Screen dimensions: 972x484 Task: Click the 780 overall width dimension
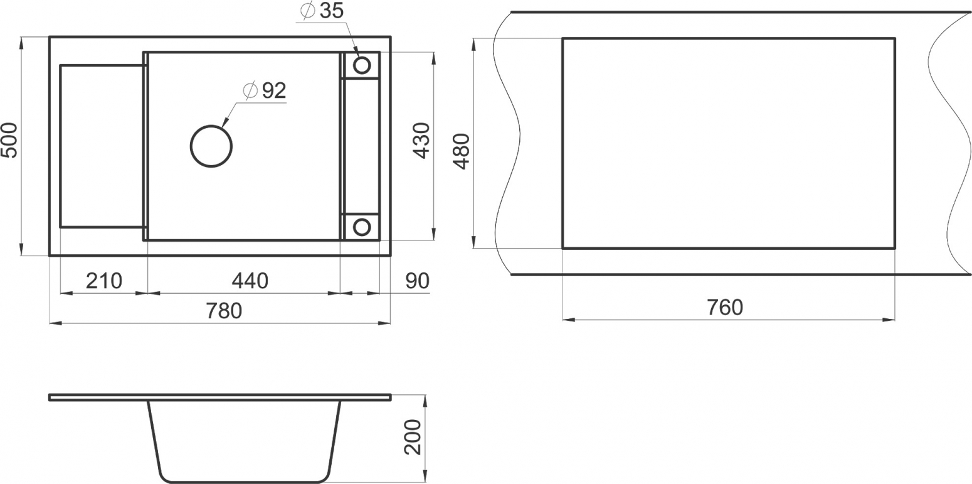223,311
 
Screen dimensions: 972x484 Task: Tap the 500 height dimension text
9,141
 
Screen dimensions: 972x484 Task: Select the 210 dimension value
103,281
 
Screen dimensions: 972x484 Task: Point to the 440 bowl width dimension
250,281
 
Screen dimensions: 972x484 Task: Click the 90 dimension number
418,281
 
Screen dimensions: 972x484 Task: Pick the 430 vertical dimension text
421,141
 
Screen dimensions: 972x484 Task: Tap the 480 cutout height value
461,151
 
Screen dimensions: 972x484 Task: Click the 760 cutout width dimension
725,308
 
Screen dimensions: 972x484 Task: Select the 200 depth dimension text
413,437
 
